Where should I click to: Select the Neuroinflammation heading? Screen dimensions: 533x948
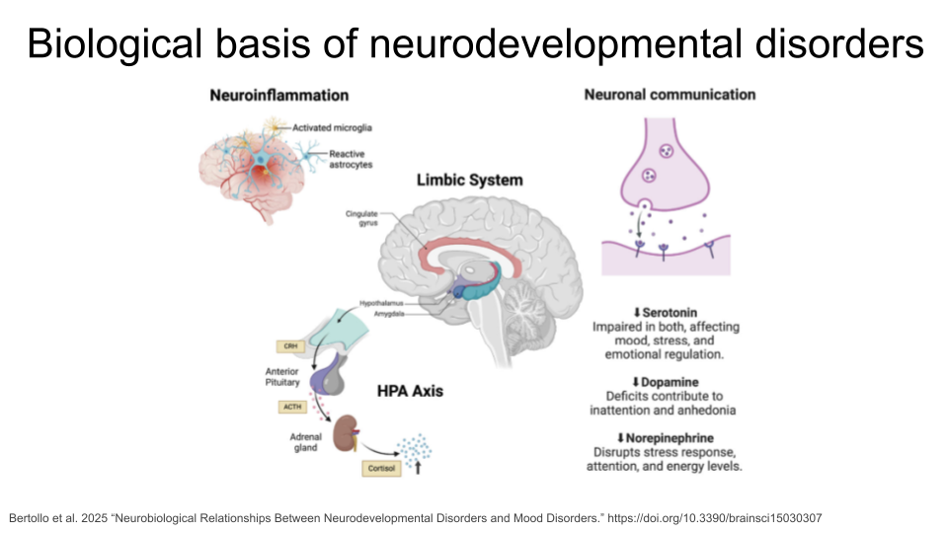[279, 96]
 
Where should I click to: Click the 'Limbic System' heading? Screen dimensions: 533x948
[469, 181]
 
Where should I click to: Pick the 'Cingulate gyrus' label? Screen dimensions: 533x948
[361, 219]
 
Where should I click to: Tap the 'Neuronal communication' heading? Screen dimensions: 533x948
[670, 95]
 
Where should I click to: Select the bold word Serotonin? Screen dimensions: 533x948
[671, 313]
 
